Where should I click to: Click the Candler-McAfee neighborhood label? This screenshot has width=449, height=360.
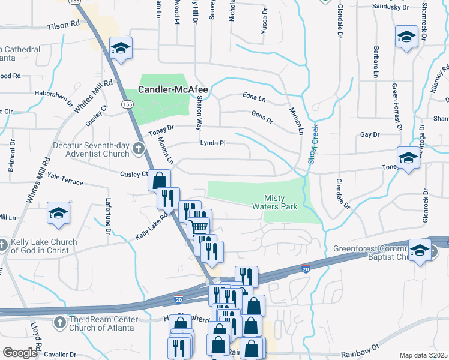173,90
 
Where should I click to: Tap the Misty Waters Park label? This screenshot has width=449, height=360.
280,202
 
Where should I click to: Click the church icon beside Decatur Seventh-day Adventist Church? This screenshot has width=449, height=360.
139,148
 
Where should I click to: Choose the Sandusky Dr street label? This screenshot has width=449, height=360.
390,7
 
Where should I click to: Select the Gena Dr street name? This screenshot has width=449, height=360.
262,116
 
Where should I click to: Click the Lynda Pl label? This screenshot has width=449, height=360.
212,143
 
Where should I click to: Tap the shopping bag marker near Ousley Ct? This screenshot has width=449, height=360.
159,180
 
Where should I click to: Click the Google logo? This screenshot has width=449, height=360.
20,353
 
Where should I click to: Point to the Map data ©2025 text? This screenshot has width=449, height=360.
423,355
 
